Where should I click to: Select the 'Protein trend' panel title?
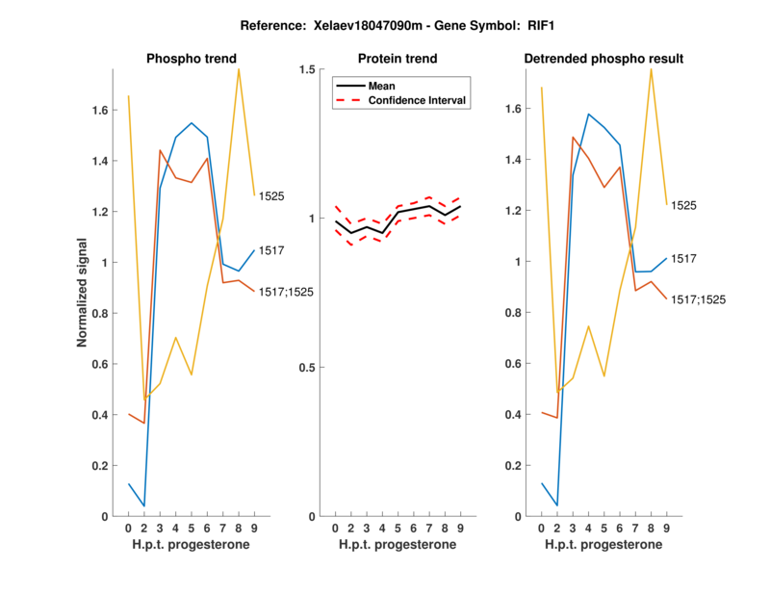[x=398, y=59]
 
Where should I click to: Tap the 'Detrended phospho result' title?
[x=603, y=59]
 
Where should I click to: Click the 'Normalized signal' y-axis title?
[x=84, y=293]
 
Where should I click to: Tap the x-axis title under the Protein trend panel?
[x=398, y=545]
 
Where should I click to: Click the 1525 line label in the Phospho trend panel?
[x=271, y=196]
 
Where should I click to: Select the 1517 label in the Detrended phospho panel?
[x=683, y=259]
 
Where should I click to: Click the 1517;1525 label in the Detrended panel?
[x=698, y=300]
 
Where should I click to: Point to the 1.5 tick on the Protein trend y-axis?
[x=307, y=69]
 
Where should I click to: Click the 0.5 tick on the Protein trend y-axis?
[x=307, y=368]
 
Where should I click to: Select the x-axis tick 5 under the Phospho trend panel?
[x=192, y=529]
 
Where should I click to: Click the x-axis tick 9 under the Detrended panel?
[x=667, y=529]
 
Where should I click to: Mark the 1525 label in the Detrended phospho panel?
[x=683, y=206]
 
